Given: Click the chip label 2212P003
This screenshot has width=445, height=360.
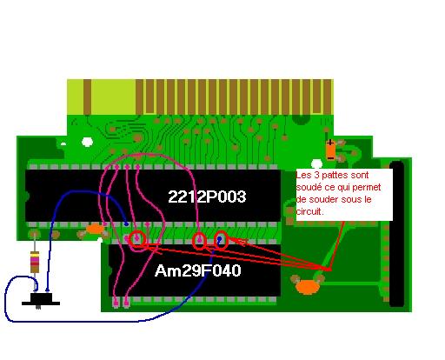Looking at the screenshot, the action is (x=207, y=197).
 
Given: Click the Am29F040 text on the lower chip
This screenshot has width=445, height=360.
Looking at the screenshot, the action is (x=198, y=270).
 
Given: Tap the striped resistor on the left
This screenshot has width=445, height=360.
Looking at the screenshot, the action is (x=35, y=262).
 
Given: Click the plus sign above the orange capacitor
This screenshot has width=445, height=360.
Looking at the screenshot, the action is (x=330, y=143).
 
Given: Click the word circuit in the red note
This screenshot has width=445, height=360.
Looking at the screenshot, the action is (x=309, y=211).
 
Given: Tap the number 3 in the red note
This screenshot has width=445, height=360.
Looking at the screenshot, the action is (x=316, y=175).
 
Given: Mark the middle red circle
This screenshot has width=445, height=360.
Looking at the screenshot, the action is (x=200, y=241).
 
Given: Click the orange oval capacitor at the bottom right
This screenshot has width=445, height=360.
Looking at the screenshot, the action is (x=307, y=288).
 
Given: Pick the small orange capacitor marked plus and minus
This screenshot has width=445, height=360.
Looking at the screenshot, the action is (x=330, y=150).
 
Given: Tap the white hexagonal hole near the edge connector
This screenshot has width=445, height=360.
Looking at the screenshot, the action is (x=87, y=142).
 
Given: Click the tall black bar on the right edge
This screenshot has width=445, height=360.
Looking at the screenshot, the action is (x=396, y=234).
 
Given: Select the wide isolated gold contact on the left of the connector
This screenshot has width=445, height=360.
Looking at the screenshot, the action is (x=88, y=97).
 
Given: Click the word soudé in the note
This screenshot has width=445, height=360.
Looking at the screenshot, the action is (x=309, y=187).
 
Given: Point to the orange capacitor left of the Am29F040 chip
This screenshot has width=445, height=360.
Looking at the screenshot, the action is (x=95, y=229).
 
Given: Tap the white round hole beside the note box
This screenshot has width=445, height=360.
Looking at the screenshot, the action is (x=316, y=164).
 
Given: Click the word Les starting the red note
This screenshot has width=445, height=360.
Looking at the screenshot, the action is (x=303, y=176).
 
